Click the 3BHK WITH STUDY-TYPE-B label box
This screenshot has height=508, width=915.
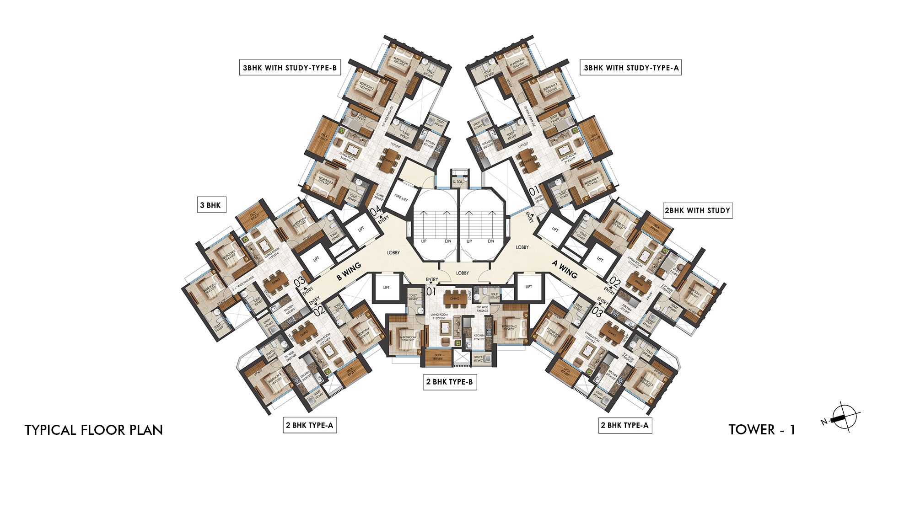click(290, 68)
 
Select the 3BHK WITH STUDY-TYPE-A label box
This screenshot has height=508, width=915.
click(631, 68)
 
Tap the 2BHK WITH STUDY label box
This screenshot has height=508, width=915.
click(697, 210)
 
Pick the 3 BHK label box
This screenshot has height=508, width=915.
click(210, 205)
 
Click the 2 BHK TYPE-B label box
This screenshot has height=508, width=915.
click(450, 381)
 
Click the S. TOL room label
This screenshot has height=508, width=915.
click(458, 182)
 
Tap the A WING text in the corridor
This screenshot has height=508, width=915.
click(565, 269)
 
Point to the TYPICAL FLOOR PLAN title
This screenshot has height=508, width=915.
click(94, 430)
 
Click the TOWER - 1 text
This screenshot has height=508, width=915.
click(762, 429)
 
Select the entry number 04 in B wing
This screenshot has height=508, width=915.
click(376, 211)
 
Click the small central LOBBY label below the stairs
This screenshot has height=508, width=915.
click(463, 273)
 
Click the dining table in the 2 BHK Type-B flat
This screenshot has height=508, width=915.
click(454, 298)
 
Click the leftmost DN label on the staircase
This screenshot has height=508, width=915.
click(447, 241)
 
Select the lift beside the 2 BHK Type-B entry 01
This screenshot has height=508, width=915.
click(387, 287)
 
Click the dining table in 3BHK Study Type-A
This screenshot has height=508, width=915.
click(527, 161)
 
